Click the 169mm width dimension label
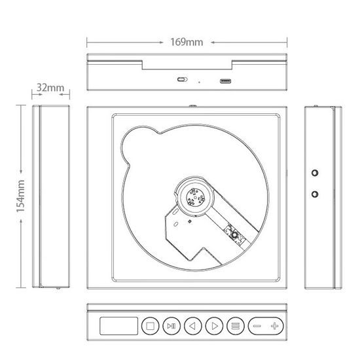pos(186,43)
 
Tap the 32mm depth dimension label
pos(50,86)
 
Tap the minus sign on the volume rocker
pos(257,325)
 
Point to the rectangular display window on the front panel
pos(118,325)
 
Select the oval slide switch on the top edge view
pos(181,81)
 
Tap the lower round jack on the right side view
pos(315,195)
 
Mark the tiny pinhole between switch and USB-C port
pos(199,82)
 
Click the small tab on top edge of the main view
pos(194,105)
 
